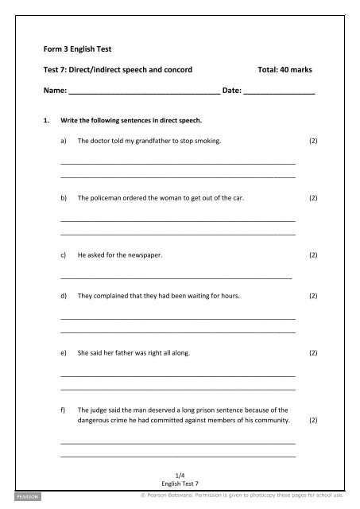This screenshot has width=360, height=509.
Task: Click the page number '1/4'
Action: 179,474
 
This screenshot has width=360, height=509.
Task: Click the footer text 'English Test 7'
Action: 179,483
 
